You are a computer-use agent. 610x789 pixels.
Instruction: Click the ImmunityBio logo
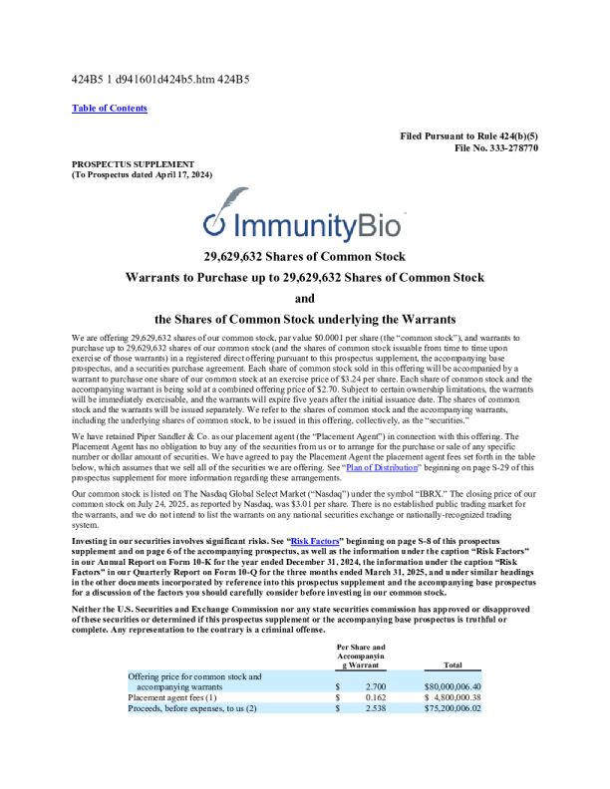[304, 222]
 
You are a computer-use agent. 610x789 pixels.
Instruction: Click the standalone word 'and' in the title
[305, 297]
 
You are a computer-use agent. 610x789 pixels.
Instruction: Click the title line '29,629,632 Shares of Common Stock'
[305, 255]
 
